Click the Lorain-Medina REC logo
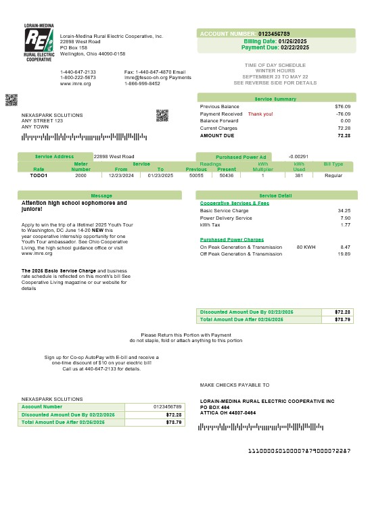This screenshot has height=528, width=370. pos(39,43)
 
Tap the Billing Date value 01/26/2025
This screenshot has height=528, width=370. pos(293,41)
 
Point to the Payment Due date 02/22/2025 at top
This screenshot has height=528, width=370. pos(294,48)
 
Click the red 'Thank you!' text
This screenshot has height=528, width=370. pos(260,114)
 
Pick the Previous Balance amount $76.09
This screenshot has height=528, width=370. pos(342,107)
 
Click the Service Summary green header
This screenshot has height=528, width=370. pos(275,99)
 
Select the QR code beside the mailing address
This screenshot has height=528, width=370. pos(162,115)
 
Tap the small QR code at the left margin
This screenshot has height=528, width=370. pos(11,100)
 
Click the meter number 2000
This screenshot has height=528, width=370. pos(80,175)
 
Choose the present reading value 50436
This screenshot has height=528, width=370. pos(227,175)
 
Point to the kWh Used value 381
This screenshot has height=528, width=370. pos(298,175)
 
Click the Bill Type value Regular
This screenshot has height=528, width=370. pos(333,175)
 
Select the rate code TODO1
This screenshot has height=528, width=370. pos(39,175)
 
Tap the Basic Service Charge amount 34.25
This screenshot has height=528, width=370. pos(344,210)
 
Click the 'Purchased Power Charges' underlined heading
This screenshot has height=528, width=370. pos(232,239)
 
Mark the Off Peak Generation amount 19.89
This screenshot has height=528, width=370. pos(344,254)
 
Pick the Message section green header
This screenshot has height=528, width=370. pos(101,195)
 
